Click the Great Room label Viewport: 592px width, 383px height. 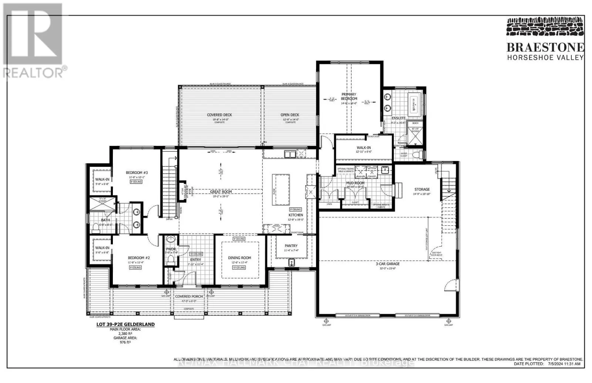[x=221, y=192]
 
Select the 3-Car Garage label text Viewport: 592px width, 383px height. [x=388, y=264]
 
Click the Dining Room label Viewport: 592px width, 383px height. [x=239, y=258]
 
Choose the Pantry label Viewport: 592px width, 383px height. [x=291, y=246]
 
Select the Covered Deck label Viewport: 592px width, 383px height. [x=219, y=115]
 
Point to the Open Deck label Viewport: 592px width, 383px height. [x=290, y=115]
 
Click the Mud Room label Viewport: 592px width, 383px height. [x=355, y=183]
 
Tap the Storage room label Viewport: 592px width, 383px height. [x=422, y=189]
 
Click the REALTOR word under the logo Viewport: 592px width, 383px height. [x=33, y=72]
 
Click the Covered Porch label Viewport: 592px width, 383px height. [x=189, y=296]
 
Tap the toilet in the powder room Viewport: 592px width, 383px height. [x=171, y=260]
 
